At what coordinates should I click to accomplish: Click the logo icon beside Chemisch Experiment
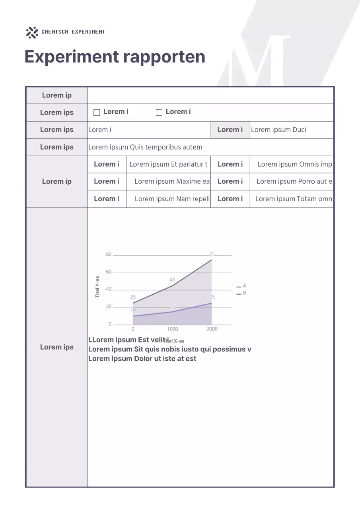32,32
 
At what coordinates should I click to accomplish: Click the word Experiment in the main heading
72,57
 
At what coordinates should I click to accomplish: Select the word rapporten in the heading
164,57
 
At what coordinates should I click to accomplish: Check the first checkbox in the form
97,113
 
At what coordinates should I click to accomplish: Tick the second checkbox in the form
159,113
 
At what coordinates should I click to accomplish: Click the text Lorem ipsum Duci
278,130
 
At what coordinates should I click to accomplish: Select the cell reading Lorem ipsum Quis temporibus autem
145,147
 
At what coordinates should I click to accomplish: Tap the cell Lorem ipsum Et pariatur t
168,164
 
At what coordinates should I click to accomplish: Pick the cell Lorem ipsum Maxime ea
172,181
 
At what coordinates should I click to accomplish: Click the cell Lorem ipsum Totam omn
294,199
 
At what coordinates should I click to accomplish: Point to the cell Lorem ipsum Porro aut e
294,181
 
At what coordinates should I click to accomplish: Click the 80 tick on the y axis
109,254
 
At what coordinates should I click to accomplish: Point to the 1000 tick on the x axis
172,329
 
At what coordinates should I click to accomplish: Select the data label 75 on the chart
212,253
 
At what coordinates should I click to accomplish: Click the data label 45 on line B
172,280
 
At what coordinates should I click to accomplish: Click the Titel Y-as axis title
97,287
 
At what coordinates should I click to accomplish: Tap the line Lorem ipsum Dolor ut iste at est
142,359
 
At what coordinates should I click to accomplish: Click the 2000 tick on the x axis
212,329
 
